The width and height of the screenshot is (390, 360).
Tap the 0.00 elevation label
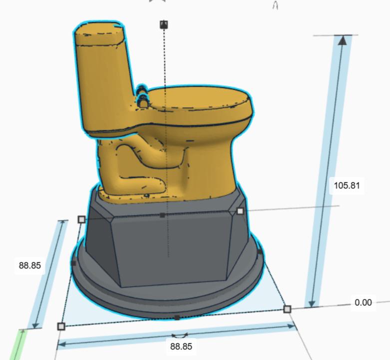(x=363, y=302)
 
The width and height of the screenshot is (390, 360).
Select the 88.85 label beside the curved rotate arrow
(x=180, y=346)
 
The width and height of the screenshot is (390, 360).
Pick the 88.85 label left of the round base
(x=29, y=265)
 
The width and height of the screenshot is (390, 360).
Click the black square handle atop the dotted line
(x=164, y=24)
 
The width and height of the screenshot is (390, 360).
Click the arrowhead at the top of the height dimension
(x=342, y=40)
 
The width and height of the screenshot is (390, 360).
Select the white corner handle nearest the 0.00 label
(x=287, y=309)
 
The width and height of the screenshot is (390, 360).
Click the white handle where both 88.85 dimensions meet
(x=61, y=326)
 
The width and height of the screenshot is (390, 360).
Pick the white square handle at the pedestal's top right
(x=240, y=211)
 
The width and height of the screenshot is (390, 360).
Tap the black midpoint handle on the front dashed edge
(x=177, y=317)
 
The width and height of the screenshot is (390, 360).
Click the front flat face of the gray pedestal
(x=170, y=250)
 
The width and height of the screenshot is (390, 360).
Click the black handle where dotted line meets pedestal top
(x=162, y=215)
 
